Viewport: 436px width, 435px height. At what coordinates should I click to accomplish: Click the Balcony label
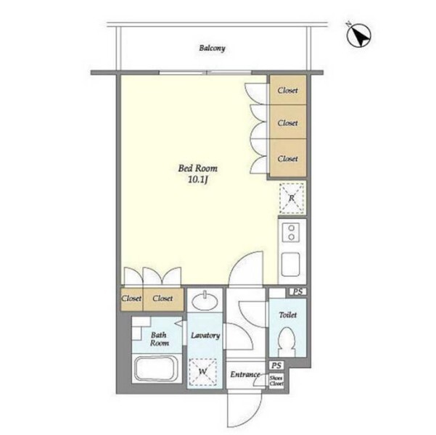pyautogui.click(x=212, y=49)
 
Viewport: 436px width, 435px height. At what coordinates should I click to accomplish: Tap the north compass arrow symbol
pyautogui.click(x=358, y=36)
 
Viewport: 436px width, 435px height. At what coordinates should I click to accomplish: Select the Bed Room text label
pyautogui.click(x=198, y=168)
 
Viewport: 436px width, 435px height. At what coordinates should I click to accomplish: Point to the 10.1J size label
pyautogui.click(x=198, y=180)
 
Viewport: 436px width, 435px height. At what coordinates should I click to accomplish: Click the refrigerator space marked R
pyautogui.click(x=292, y=198)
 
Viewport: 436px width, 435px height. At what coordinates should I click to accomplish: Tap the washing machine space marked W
pyautogui.click(x=202, y=371)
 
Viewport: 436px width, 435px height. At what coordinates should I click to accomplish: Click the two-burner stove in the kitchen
pyautogui.click(x=291, y=233)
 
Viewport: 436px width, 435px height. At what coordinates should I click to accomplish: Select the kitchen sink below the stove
pyautogui.click(x=291, y=264)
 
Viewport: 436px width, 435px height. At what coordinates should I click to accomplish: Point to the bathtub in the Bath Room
pyautogui.click(x=157, y=369)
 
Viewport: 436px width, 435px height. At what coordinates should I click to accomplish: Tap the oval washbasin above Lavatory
pyautogui.click(x=205, y=301)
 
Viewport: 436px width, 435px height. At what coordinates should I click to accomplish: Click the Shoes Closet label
pyautogui.click(x=276, y=381)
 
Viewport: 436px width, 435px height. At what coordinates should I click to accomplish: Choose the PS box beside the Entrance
pyautogui.click(x=276, y=365)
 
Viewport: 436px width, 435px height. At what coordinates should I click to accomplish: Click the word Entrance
pyautogui.click(x=245, y=375)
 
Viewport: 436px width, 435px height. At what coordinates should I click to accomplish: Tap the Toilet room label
pyautogui.click(x=288, y=315)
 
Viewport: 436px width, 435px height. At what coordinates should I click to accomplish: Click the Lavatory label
pyautogui.click(x=205, y=336)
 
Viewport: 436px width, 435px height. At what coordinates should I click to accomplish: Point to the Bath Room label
pyautogui.click(x=159, y=339)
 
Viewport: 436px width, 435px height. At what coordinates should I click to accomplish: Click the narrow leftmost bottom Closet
pyautogui.click(x=132, y=299)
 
